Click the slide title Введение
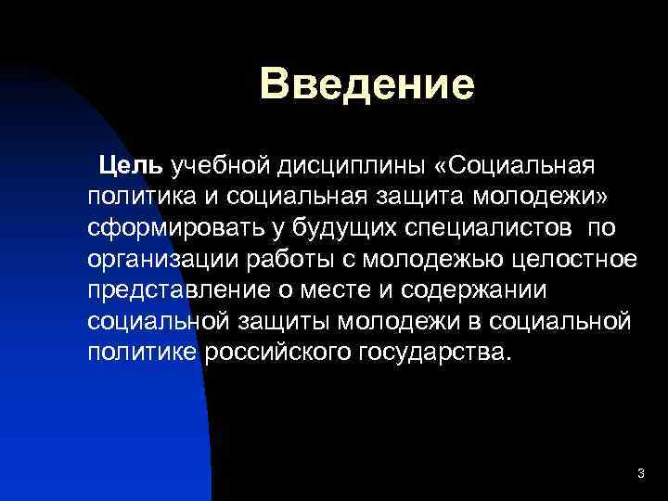pos(367,83)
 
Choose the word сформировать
pos(174,227)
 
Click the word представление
pos(177,289)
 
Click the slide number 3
pos(640,474)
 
